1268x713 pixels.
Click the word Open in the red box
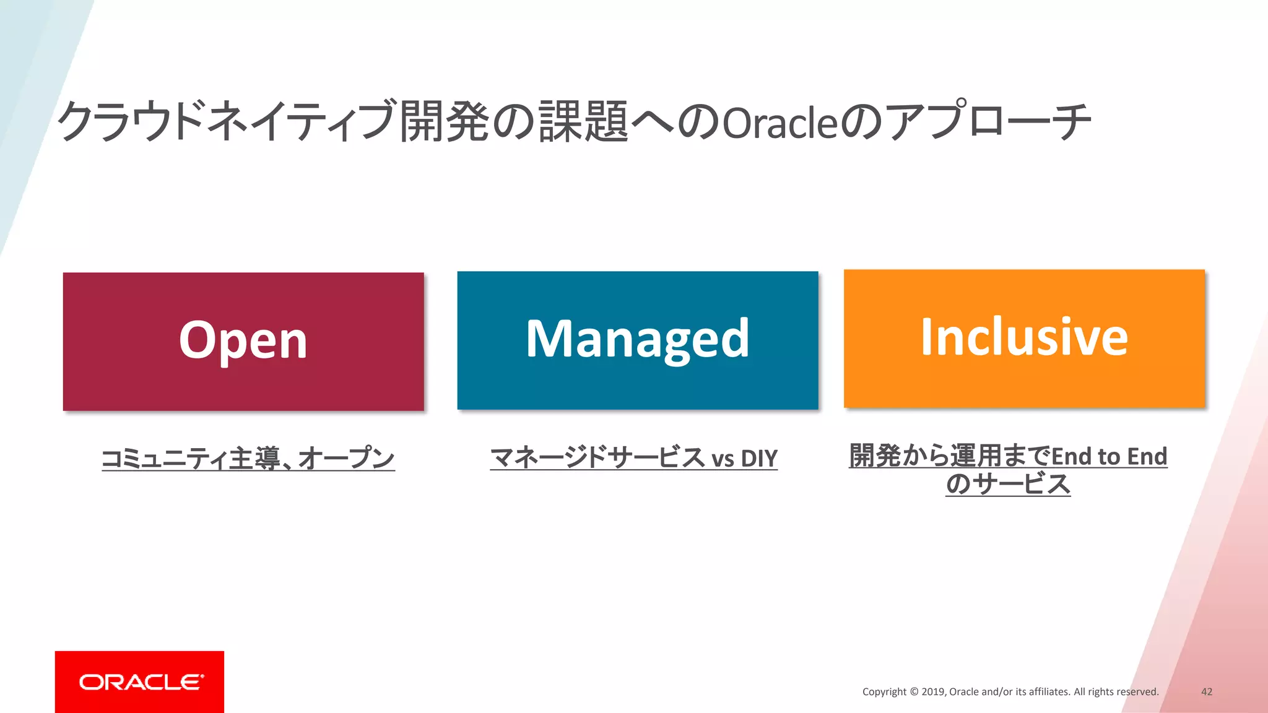coord(243,340)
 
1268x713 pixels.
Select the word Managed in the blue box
coord(637,339)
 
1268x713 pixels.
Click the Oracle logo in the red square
coord(141,682)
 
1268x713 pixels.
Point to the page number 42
coord(1206,692)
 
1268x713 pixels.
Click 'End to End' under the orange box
coord(1109,457)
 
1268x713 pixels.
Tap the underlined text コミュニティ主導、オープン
coord(248,459)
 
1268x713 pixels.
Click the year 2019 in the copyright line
coord(932,692)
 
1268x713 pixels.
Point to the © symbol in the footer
coord(913,692)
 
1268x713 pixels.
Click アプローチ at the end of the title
coord(987,121)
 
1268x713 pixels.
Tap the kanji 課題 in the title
coord(583,121)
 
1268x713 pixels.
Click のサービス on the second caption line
coord(1008,484)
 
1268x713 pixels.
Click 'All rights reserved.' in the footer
coord(1116,692)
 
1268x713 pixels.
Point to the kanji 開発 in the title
coord(445,121)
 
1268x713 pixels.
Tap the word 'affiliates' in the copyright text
coord(1049,692)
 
